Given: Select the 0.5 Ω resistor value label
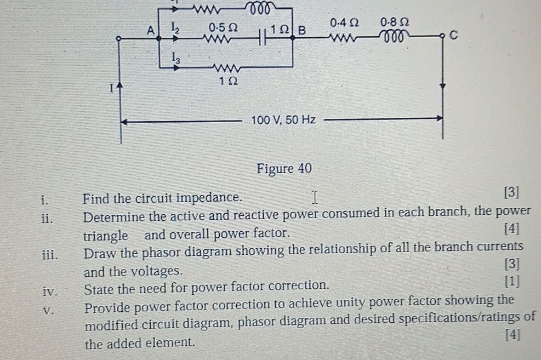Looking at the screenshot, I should tap(223, 26).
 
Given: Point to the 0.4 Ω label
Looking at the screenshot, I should tap(345, 23).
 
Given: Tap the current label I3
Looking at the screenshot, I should tap(174, 56).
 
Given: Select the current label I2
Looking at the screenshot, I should tap(175, 26).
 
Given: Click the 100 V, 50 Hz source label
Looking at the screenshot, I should tap(283, 119).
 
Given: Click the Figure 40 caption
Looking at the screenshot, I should tap(284, 168).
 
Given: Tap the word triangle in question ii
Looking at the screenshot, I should tap(106, 236).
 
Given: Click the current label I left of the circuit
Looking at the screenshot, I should tap(111, 87).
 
